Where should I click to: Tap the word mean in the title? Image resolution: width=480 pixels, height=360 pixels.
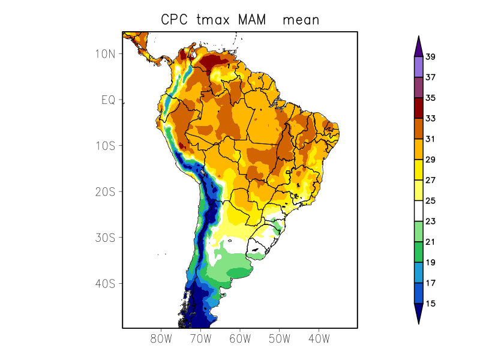(301, 20)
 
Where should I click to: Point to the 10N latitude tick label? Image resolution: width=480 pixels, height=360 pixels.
(105, 53)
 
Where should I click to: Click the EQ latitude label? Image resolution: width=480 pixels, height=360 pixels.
(108, 100)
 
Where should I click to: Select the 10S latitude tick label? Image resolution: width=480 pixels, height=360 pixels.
(105, 146)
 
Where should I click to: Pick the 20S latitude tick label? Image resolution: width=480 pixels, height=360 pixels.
(105, 191)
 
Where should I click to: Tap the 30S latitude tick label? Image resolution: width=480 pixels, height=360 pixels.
(105, 238)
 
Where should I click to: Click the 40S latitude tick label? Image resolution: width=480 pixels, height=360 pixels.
(105, 283)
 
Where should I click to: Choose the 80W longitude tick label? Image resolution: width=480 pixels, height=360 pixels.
(161, 339)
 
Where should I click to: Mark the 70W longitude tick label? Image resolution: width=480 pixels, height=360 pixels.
(200, 339)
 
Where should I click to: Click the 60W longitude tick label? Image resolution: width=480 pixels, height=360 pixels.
(240, 339)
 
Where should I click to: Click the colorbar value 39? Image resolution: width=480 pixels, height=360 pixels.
(430, 57)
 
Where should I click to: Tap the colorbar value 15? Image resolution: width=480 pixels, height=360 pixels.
(430, 304)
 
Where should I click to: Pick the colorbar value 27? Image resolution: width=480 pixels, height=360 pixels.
(430, 180)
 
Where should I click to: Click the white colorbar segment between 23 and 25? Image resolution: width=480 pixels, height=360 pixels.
(418, 211)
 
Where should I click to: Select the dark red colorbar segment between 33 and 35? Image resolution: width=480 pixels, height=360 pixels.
(418, 108)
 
